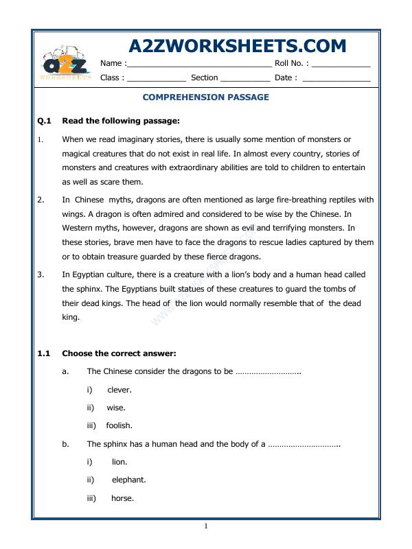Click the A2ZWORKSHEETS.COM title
[238, 46]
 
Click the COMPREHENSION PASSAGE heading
[206, 97]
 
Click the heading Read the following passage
[121, 121]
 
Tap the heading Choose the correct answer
[119, 353]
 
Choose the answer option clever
[119, 390]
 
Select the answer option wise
[116, 408]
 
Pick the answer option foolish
[119, 425]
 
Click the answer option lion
[119, 462]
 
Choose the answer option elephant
[128, 480]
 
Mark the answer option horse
[122, 498]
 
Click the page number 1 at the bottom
[205, 526]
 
